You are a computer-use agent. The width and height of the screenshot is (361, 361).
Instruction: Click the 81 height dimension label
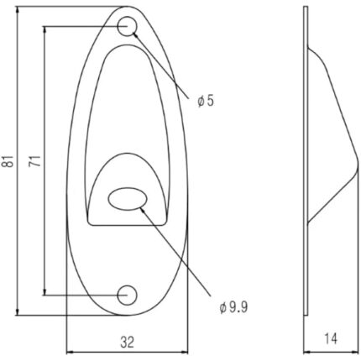[9, 163]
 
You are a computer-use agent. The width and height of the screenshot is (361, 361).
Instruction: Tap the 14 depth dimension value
[331, 341]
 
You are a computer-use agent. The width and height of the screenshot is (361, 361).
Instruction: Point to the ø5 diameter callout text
[206, 101]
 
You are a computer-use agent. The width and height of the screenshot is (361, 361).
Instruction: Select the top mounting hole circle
[128, 27]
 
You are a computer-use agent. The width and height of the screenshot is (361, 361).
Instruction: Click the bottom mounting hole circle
[128, 295]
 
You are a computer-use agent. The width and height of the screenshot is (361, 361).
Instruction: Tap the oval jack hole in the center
[127, 199]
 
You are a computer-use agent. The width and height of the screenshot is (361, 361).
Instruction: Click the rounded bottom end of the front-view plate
[126, 316]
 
